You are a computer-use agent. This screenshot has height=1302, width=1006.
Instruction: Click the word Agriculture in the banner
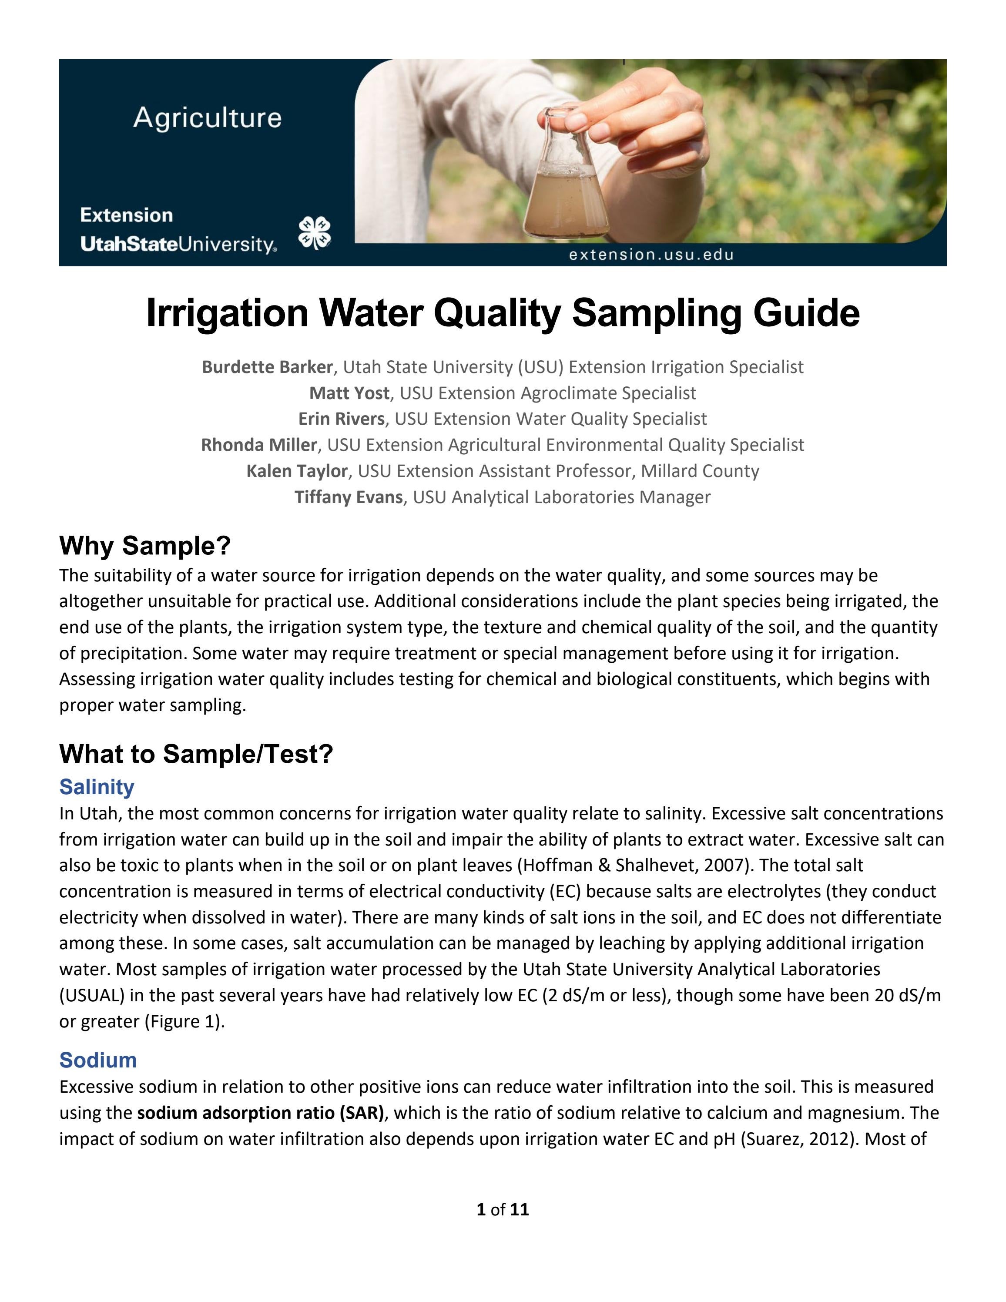coord(208,117)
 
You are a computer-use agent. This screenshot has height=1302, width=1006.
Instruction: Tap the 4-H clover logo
coord(314,233)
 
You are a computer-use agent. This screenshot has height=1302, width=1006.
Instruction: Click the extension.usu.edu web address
coord(651,255)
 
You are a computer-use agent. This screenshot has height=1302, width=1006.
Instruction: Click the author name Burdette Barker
coord(267,367)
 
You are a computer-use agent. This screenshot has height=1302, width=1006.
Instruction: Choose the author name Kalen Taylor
coord(297,471)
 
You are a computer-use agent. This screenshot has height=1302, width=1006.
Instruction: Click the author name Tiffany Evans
coord(349,497)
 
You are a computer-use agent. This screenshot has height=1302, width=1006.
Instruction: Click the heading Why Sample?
coord(145,546)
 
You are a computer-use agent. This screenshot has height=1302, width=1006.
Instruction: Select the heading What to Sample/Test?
coord(196,754)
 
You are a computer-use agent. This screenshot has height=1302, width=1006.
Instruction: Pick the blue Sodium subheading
coord(98,1060)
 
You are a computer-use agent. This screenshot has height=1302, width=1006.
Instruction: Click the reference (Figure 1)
coord(185,1022)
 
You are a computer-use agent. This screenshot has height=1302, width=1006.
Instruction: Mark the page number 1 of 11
coord(503,1210)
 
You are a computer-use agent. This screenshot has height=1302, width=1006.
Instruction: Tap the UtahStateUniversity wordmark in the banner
coord(178,245)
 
